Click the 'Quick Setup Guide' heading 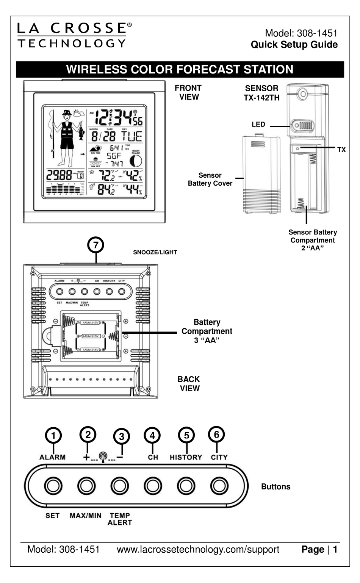point(294,45)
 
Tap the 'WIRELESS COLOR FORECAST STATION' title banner point(180,70)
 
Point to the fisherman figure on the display point(67,138)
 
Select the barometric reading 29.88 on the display point(59,175)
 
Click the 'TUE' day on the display point(131,136)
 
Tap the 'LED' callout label point(258,125)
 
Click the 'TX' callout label point(341,150)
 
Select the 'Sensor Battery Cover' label point(210,179)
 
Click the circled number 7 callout point(95,245)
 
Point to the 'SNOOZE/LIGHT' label point(155,252)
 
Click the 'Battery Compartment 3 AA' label point(207,331)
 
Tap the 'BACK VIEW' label point(189,384)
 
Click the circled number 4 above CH point(152,436)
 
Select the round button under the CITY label point(219,486)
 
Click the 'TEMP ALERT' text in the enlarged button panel point(120,519)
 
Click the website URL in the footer point(198,550)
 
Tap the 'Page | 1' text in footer point(319,550)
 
